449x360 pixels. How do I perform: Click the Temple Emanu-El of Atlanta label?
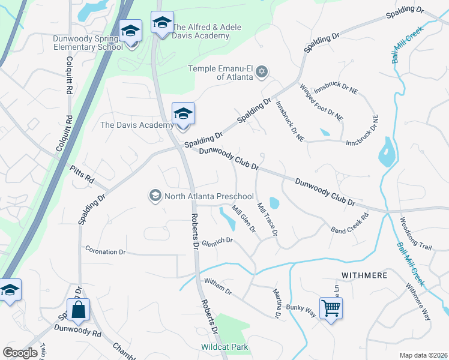tap(220, 73)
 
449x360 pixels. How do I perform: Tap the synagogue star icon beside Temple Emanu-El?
tap(261, 73)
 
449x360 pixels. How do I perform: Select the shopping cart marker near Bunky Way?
tap(331, 308)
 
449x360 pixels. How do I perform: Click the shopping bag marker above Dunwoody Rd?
tap(78, 310)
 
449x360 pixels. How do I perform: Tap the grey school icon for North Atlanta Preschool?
tap(155, 196)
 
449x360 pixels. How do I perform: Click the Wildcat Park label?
tap(224, 347)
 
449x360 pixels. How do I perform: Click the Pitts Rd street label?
tap(82, 175)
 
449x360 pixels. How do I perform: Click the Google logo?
tap(20, 353)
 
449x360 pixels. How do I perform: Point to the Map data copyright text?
tap(424, 355)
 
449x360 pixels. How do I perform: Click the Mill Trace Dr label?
tap(267, 218)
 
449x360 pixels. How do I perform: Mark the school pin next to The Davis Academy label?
tap(183, 113)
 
